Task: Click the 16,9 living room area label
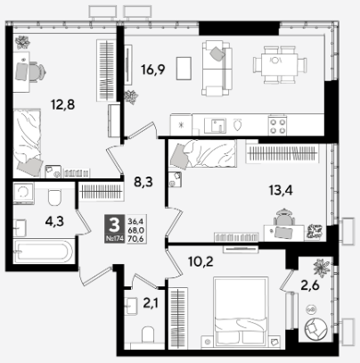(153, 70)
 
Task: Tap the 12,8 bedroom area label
(62, 104)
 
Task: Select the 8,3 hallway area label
(143, 182)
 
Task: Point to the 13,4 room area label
(281, 190)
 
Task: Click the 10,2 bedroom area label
(200, 261)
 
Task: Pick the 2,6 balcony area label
(310, 285)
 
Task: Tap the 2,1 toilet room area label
(151, 303)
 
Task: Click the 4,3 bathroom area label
(54, 221)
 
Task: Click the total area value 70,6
(135, 238)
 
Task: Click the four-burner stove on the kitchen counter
(277, 126)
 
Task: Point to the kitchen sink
(215, 126)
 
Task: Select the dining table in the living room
(279, 64)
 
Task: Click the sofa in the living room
(217, 69)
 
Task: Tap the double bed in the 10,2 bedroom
(241, 311)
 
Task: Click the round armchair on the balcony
(315, 329)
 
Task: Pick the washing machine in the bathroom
(23, 194)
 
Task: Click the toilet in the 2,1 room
(148, 335)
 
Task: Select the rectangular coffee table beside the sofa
(184, 69)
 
